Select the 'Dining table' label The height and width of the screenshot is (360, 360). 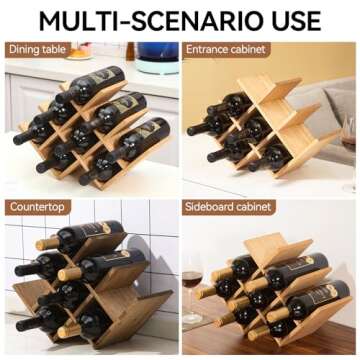coord(40,49)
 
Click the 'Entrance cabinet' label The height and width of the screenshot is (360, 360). coord(226,49)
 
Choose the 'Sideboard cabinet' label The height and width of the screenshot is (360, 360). coord(229,208)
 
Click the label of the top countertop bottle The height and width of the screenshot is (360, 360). coord(100,231)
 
